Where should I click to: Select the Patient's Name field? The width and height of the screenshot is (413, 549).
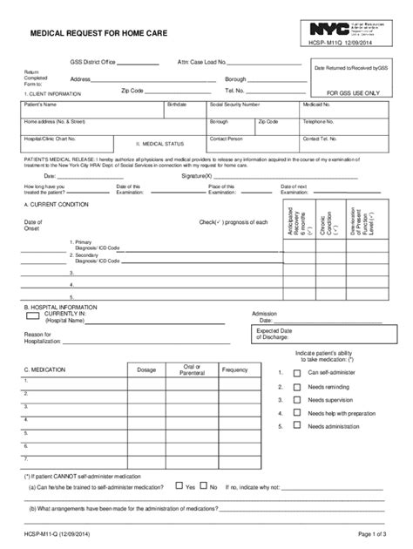[92, 109]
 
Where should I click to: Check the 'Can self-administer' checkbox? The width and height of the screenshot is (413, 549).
[296, 371]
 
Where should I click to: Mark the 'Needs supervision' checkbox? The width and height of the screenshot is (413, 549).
[296, 399]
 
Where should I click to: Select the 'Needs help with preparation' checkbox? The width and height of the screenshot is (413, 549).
[296, 413]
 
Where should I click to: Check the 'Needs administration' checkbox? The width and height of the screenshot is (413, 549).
[296, 427]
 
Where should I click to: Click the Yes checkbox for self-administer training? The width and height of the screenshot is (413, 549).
[179, 488]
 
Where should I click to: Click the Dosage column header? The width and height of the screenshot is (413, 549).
[146, 370]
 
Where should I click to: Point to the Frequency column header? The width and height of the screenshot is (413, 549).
[234, 370]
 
